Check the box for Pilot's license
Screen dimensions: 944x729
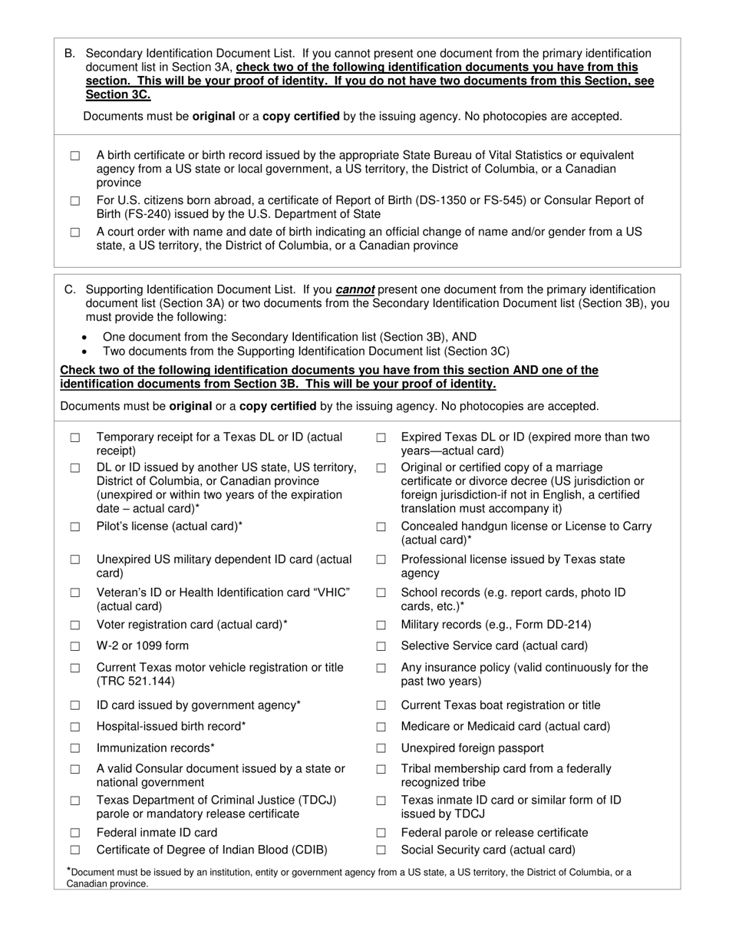75,527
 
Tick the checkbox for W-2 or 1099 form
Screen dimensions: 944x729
75,646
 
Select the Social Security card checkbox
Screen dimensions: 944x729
381,850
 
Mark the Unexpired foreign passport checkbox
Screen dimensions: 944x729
381,748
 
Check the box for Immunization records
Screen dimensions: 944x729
75,748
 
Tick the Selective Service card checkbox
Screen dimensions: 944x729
381,646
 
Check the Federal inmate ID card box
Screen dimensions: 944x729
75,833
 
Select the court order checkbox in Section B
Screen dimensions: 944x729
75,233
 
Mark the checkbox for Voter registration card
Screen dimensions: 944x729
75,625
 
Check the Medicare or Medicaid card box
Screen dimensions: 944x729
381,727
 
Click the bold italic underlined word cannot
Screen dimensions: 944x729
355,290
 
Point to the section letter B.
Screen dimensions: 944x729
69,54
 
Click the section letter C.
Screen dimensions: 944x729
70,290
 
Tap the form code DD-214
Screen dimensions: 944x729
569,625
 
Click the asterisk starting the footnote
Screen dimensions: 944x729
69,870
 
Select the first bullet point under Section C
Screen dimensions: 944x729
84,338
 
